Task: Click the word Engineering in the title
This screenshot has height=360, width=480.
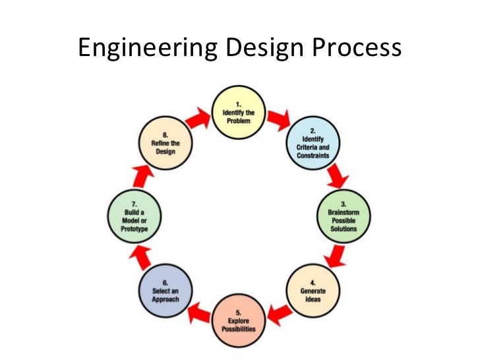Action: [143, 49]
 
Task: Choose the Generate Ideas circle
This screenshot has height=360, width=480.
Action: [312, 292]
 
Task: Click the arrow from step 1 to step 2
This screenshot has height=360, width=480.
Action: [279, 121]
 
